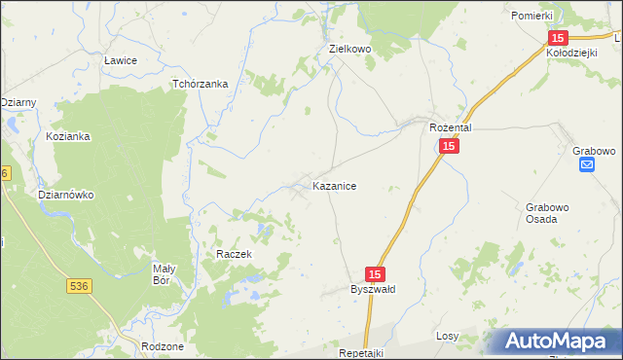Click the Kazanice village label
pos(340,185)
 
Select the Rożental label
pos(451,127)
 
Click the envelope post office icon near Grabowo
pos(587,165)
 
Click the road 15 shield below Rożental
pos(448,146)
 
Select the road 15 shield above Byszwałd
pos(377,275)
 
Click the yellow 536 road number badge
pos(80,286)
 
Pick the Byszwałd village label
pos(373,289)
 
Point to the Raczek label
pos(235,254)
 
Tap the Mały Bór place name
pos(164,274)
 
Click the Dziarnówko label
pos(65,195)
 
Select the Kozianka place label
pos(68,136)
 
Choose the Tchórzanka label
pos(200,84)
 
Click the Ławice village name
pos(120,60)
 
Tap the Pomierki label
pos(531,17)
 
